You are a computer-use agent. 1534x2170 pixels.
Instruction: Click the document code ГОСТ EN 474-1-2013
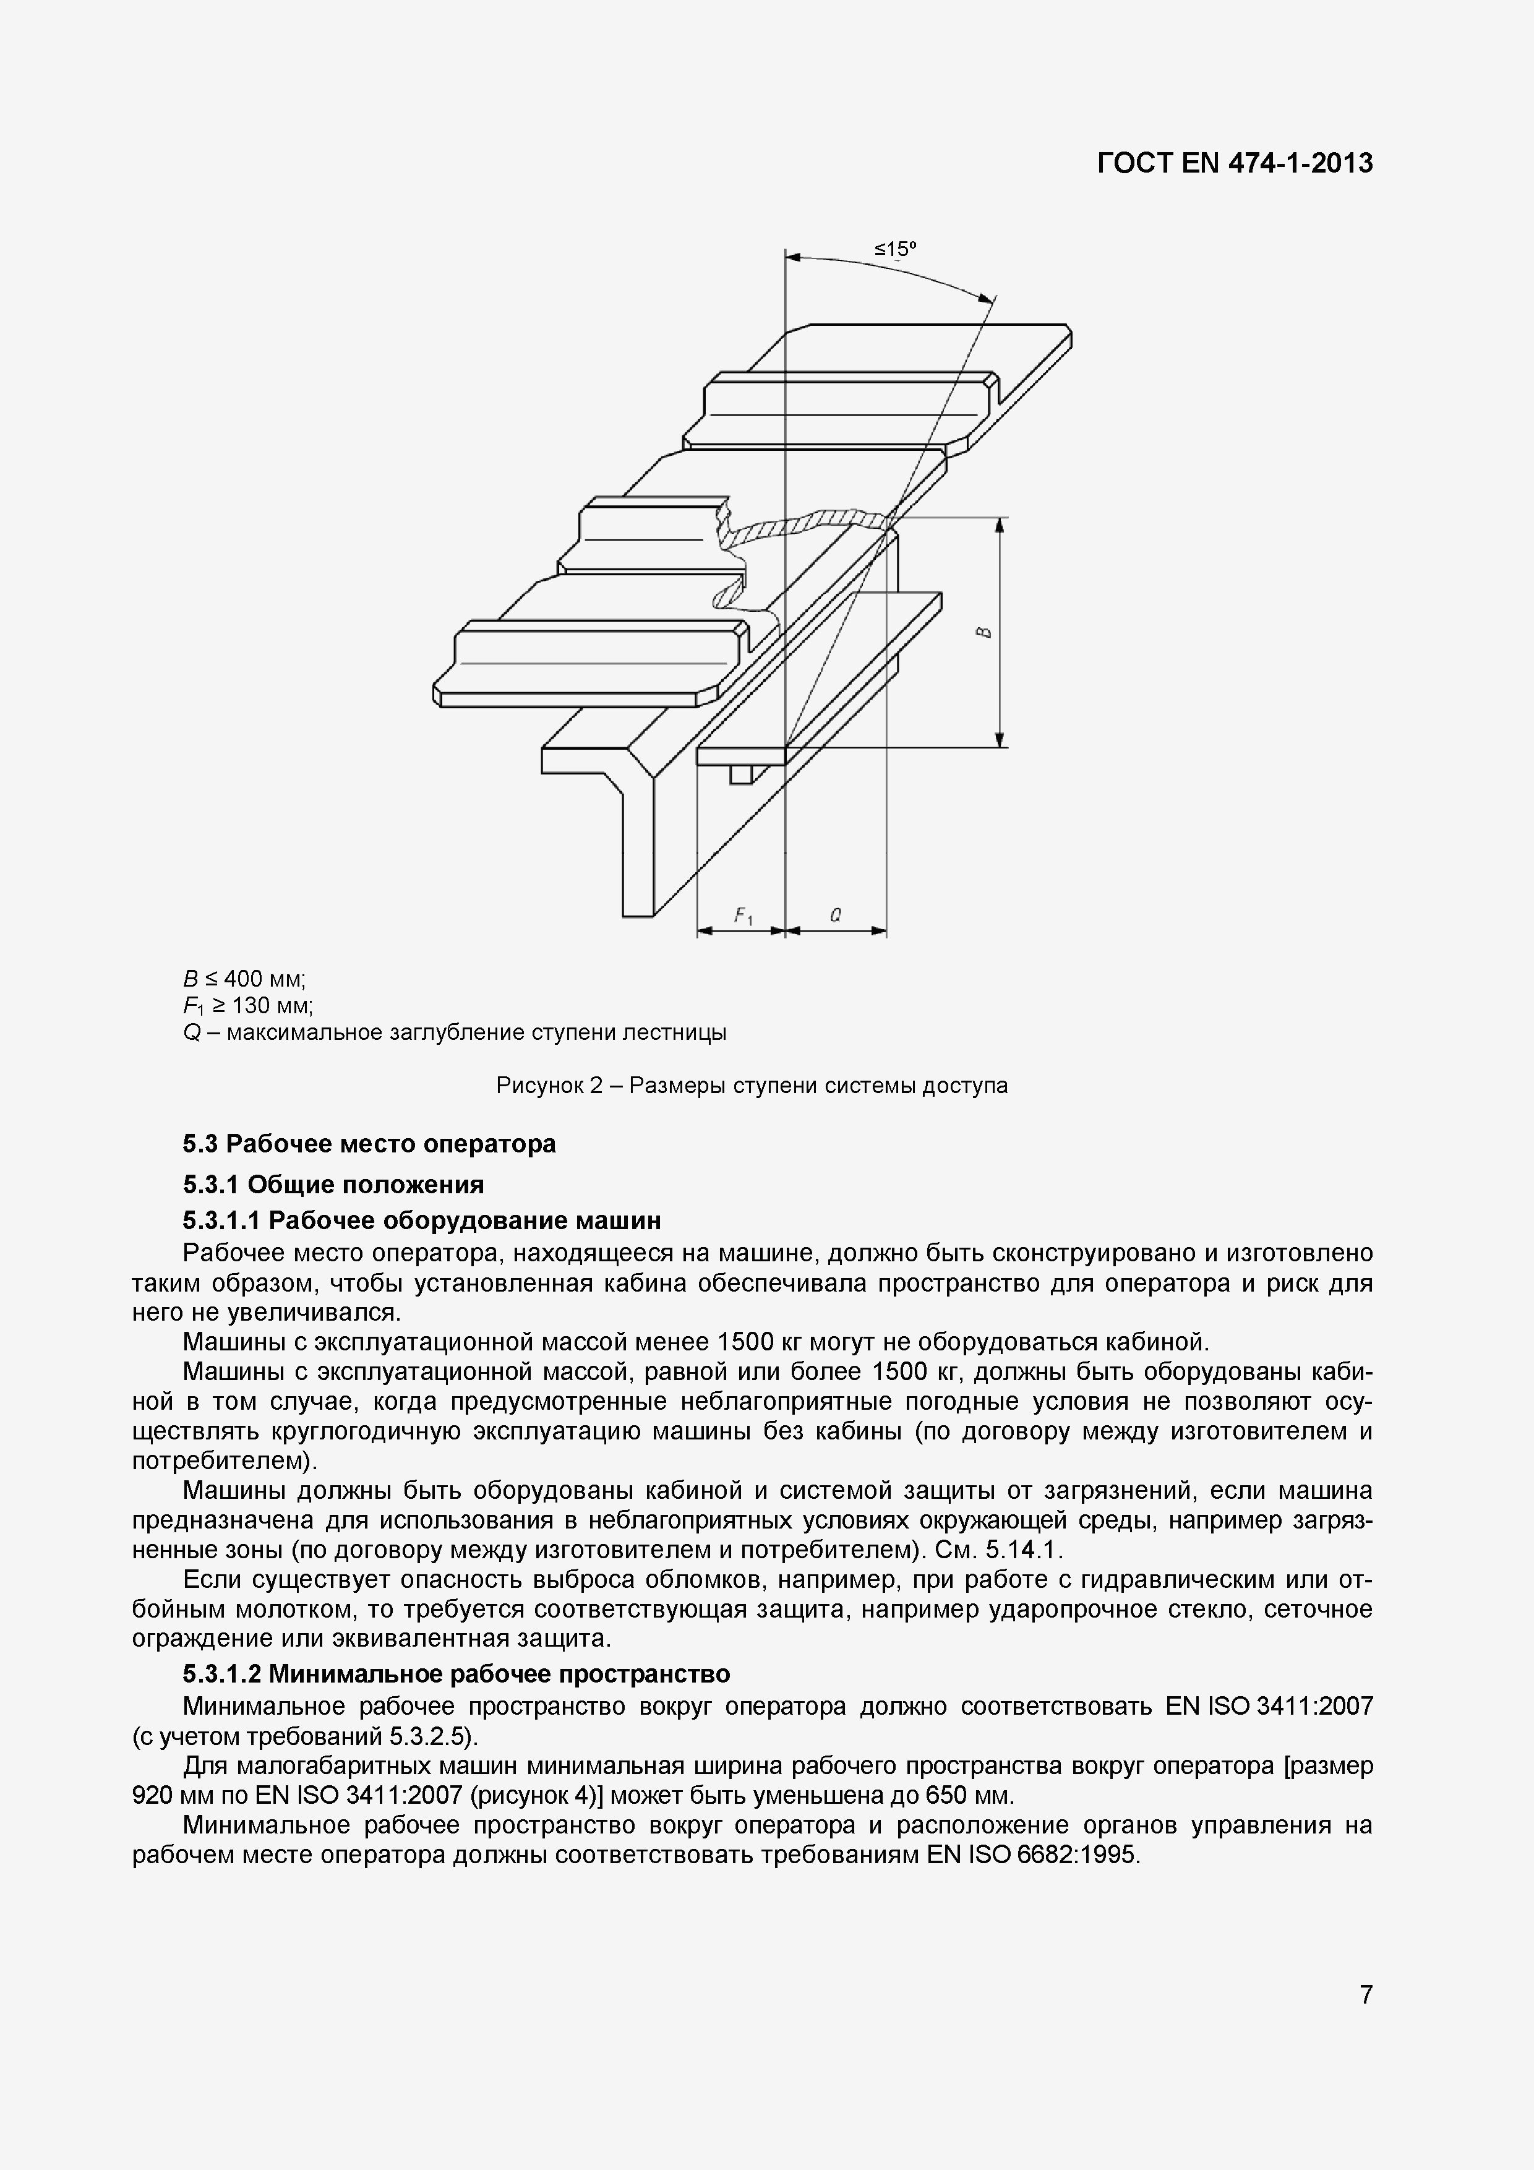(x=1235, y=163)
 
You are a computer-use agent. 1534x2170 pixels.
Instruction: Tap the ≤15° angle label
(x=895, y=249)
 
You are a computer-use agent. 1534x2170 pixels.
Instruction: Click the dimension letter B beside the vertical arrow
(x=983, y=632)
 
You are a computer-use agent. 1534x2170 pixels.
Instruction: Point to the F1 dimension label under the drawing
(x=743, y=915)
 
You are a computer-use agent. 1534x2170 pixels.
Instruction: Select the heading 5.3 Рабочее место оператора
(x=369, y=1144)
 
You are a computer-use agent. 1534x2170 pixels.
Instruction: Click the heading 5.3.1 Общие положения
(x=333, y=1184)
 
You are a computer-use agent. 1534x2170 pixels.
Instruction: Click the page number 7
(x=1366, y=1994)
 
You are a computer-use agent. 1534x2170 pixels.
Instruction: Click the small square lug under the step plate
(x=742, y=774)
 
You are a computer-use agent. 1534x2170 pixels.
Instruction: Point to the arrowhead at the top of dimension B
(x=1000, y=525)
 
